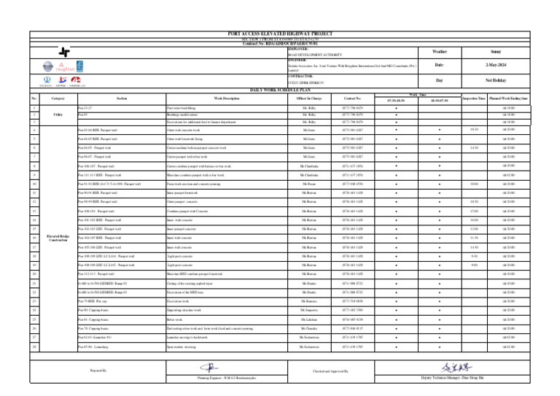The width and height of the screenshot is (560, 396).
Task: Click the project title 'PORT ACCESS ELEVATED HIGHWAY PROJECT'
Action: coord(280,34)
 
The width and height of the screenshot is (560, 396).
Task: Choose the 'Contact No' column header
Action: coord(352,98)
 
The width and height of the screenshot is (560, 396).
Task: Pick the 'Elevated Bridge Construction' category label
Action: coord(58,238)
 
